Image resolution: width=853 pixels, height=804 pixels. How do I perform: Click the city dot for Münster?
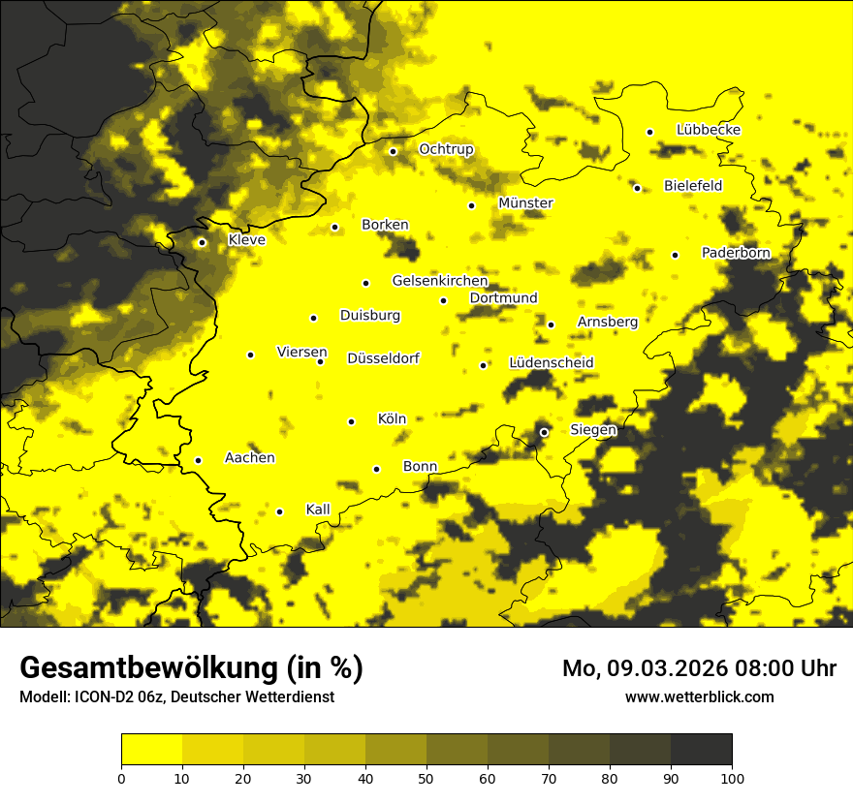click(471, 205)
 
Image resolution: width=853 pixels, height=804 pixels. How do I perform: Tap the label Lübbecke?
click(709, 130)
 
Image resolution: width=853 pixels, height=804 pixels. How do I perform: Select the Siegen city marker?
click(544, 432)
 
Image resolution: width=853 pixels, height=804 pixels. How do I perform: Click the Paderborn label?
click(736, 253)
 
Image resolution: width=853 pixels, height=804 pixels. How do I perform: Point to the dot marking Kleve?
click(202, 243)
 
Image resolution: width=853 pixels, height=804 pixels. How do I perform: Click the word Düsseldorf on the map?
click(383, 358)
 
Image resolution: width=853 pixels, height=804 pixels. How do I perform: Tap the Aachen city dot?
click(198, 460)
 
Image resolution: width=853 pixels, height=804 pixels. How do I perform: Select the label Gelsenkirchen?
click(439, 281)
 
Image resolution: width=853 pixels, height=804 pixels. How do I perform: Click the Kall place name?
click(318, 510)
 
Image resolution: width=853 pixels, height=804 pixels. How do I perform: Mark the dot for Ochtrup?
click(393, 151)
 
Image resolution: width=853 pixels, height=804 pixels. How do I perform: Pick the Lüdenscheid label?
click(551, 363)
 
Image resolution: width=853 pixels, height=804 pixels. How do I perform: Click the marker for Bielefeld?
click(637, 188)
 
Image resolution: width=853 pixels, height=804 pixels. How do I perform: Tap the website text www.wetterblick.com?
click(699, 696)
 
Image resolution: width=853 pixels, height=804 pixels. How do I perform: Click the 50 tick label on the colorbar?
click(426, 777)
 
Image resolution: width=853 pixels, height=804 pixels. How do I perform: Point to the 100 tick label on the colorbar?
click(732, 777)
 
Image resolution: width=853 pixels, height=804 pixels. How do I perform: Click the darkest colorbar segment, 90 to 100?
click(701, 750)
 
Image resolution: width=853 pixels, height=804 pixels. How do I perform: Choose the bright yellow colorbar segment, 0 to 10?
click(151, 750)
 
